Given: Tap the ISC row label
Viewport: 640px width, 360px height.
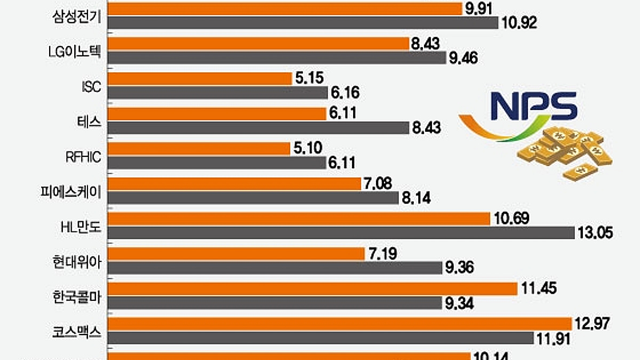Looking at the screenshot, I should (91, 86).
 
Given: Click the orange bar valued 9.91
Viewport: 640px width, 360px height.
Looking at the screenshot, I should (285, 9).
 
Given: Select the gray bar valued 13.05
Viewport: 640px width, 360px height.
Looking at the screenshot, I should (341, 233).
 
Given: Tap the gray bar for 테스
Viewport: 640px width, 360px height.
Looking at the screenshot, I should (259, 128).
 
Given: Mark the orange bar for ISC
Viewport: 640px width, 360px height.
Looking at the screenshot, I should (199, 78).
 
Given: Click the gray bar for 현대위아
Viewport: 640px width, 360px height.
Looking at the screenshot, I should (275, 268).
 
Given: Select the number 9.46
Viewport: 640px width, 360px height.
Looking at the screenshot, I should (462, 58).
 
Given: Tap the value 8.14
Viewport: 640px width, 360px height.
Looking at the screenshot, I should (415, 198).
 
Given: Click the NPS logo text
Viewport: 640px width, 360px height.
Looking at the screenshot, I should (534, 106).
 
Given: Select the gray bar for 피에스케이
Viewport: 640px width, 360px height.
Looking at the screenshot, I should (253, 198).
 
